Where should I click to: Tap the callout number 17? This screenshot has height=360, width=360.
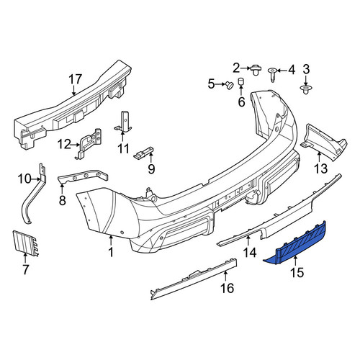(76, 79)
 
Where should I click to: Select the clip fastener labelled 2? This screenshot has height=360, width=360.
(256, 70)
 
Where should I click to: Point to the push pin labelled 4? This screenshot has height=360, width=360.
(273, 75)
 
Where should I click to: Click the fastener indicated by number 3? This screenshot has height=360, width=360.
(305, 89)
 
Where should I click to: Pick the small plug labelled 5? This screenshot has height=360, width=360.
(230, 85)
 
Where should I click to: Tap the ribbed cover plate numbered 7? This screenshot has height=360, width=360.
(25, 243)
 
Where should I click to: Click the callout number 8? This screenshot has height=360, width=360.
(63, 199)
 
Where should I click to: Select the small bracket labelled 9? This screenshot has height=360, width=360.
(144, 153)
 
